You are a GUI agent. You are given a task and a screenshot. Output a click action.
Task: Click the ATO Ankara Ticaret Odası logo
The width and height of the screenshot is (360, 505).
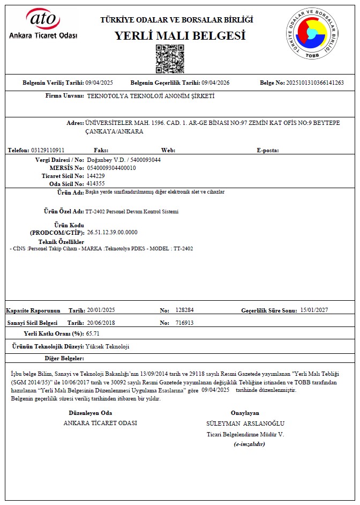tap(43, 24)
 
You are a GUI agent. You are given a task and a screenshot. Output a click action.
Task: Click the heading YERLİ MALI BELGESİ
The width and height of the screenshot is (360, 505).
tap(180, 36)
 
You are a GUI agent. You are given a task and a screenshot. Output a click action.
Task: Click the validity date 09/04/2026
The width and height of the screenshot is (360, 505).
tap(215, 83)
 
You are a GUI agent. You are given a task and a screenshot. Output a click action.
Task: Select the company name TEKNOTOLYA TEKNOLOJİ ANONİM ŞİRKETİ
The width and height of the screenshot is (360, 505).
tap(151, 96)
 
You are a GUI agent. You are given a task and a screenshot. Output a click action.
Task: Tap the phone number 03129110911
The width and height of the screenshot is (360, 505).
tap(48, 150)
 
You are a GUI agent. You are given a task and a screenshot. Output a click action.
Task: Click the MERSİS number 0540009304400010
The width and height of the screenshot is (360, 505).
tap(111, 168)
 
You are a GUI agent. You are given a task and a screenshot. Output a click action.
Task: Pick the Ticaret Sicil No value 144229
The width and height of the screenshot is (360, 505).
tap(96, 176)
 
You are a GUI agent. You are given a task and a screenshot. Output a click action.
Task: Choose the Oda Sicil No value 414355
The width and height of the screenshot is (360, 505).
tap(96, 183)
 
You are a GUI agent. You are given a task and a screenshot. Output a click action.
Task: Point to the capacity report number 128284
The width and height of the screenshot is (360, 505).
tap(184, 310)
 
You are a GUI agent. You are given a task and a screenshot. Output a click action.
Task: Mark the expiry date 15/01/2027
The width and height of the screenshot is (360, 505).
tap(314, 310)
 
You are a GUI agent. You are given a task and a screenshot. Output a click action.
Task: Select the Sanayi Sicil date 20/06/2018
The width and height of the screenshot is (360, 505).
tap(100, 323)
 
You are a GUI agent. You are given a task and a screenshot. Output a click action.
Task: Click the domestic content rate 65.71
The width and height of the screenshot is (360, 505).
tap(94, 333)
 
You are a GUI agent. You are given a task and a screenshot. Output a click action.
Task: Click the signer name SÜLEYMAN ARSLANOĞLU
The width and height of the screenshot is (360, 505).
tap(245, 424)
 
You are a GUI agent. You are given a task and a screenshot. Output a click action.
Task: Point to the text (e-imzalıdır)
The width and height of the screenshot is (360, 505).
tap(250, 444)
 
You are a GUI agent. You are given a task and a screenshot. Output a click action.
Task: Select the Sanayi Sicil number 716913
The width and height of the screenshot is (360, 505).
tap(184, 323)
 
